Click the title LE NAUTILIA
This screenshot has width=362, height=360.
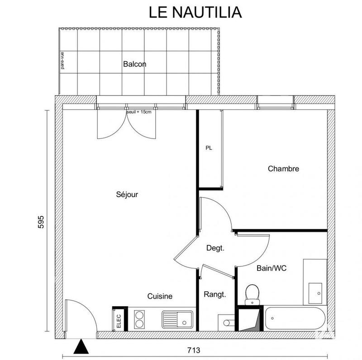pos(195,12)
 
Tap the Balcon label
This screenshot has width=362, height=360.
pos(134,64)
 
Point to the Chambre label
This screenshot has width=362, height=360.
pos(283,169)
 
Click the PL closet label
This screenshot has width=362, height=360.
pos(209,148)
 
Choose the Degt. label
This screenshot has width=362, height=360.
pos(215,248)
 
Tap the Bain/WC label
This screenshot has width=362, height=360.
pos(271,268)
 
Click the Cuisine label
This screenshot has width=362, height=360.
pos(160,296)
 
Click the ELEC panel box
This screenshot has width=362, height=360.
pos(119,319)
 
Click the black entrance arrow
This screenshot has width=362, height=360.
pos(81,347)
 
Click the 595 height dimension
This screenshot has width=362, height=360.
pos(41,223)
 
